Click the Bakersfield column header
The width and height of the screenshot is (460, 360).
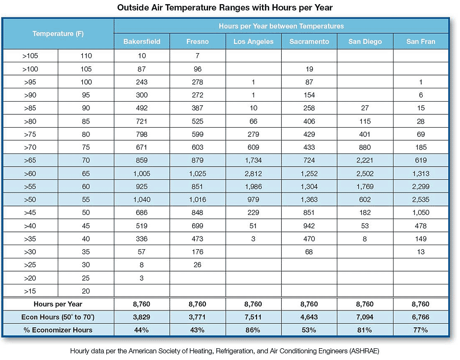(x=142, y=42)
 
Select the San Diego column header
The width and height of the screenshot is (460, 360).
(x=365, y=42)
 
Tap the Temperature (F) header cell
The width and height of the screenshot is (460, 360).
(x=58, y=34)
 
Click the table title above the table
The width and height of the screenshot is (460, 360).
(x=225, y=7)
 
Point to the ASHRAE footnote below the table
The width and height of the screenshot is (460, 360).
(x=225, y=351)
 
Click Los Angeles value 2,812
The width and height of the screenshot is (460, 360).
(x=253, y=174)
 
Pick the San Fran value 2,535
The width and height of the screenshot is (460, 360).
(x=421, y=200)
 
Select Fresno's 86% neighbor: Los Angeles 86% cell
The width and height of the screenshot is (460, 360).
(x=253, y=330)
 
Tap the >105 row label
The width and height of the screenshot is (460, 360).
(x=30, y=56)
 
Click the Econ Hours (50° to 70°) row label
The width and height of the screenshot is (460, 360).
(x=58, y=317)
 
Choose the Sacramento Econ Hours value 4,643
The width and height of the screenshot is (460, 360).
(x=309, y=317)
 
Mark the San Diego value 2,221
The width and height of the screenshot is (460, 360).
(x=364, y=160)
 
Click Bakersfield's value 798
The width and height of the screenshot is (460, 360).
(x=142, y=134)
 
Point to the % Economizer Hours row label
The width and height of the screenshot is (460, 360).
(x=58, y=330)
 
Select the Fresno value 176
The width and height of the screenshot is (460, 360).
(x=197, y=252)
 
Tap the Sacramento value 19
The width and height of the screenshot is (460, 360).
(x=309, y=69)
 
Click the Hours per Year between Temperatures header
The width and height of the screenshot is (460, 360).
(x=281, y=26)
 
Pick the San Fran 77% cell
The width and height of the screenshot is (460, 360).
(x=421, y=330)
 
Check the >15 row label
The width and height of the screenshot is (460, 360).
(x=30, y=291)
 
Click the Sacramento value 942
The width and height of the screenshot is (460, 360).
(x=309, y=226)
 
